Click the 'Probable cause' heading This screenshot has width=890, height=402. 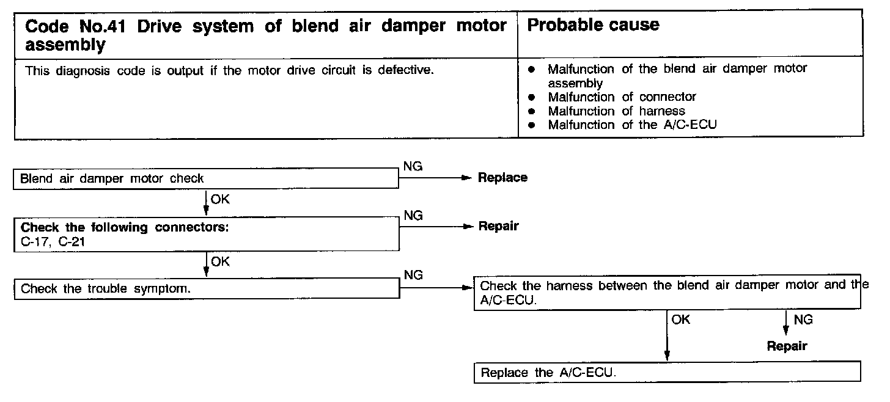click(x=592, y=25)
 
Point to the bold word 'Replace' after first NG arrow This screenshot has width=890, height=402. click(x=502, y=178)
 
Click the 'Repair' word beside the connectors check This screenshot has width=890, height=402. click(x=498, y=226)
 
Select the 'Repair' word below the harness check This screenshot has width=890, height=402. click(x=787, y=346)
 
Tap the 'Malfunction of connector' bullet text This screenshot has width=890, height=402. click(x=622, y=97)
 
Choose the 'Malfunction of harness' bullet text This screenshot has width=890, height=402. click(x=616, y=111)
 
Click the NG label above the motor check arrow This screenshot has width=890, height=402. click(x=413, y=166)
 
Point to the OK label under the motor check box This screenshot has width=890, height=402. click(x=220, y=199)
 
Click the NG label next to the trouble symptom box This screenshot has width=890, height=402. click(x=413, y=276)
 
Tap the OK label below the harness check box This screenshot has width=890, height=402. click(x=680, y=320)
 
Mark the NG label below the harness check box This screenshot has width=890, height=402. click(x=803, y=320)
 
